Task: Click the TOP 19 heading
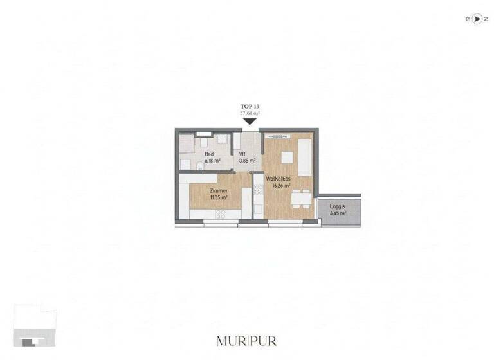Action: coord(249,106)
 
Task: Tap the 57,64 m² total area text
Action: coord(249,113)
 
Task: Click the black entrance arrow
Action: coord(249,121)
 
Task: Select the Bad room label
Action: coord(209,154)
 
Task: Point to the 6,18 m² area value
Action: coord(213,161)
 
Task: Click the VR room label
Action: coord(242,154)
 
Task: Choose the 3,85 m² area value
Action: coord(248,161)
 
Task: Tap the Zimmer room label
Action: coord(219,191)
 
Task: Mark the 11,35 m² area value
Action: coord(219,197)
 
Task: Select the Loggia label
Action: coord(338,206)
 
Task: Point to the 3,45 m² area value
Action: coord(338,213)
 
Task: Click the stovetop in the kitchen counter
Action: coord(259,190)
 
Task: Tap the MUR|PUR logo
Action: coord(247,341)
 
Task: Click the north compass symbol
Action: coord(477,19)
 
